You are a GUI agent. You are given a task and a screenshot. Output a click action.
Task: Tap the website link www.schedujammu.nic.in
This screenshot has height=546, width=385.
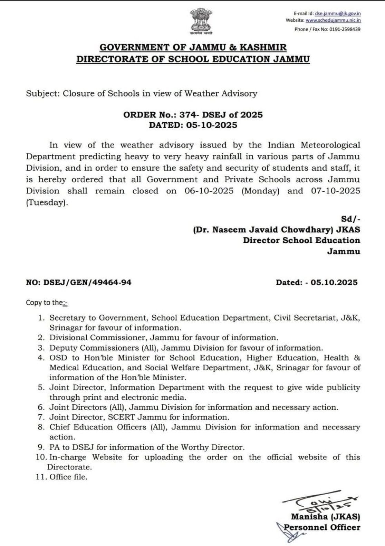(x=333, y=20)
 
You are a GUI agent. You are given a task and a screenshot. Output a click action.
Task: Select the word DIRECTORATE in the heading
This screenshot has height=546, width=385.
(x=112, y=59)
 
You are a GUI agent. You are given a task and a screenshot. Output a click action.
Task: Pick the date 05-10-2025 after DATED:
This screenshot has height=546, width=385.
(x=211, y=125)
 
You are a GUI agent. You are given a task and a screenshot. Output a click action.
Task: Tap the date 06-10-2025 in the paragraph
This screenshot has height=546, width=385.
(x=209, y=191)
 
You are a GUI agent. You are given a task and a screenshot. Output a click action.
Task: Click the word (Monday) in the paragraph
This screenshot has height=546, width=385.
(x=260, y=191)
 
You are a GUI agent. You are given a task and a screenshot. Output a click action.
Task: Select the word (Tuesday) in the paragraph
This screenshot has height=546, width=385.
(x=47, y=203)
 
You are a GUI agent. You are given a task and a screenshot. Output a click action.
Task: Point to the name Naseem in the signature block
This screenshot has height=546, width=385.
(x=229, y=230)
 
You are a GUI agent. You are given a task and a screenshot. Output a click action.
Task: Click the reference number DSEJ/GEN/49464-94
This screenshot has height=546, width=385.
(x=87, y=283)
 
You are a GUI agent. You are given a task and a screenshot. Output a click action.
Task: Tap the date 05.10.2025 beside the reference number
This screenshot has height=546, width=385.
(x=334, y=283)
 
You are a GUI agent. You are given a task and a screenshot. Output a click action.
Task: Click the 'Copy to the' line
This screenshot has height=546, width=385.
(x=47, y=303)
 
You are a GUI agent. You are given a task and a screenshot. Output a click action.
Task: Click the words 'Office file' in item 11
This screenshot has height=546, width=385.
(x=68, y=477)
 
